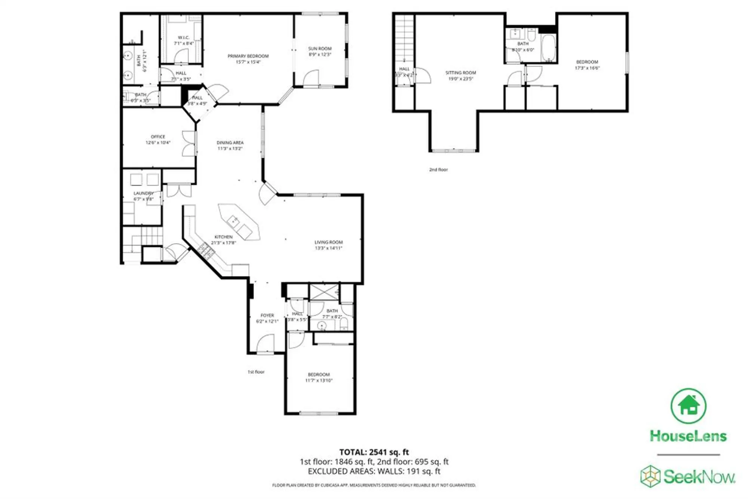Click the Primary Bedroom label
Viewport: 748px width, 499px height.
coord(248,59)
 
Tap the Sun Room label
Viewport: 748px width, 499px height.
coord(320,51)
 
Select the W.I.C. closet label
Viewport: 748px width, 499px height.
coord(184,40)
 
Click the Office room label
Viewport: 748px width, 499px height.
coord(158,139)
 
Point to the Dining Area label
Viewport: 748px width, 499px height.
coord(230,145)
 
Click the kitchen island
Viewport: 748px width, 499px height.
coord(239,222)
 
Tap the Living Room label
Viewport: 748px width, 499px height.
coord(328,245)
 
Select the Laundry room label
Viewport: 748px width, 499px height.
coord(144,196)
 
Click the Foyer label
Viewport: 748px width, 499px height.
coord(267,318)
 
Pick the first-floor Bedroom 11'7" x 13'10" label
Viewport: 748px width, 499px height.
coord(319,377)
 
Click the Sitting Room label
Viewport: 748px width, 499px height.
coord(460,76)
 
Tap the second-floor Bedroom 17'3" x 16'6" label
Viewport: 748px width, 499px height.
coord(587,64)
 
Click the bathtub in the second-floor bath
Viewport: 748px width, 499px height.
coord(549,48)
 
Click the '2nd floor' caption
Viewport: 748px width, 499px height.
coord(438,169)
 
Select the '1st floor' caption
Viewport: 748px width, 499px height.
coord(256,372)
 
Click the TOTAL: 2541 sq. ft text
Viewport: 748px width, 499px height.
coord(374,452)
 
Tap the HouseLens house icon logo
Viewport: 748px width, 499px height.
coord(688,406)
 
